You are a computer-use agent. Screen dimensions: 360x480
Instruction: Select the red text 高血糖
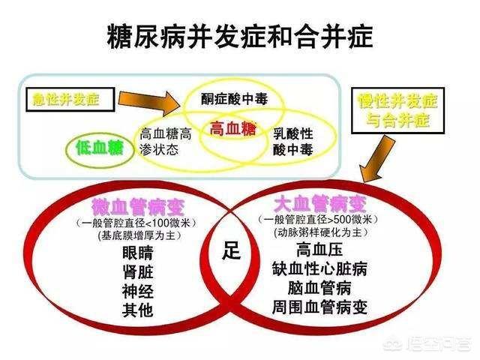point(232,129)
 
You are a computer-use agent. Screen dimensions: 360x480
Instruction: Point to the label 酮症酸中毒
point(234,100)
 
